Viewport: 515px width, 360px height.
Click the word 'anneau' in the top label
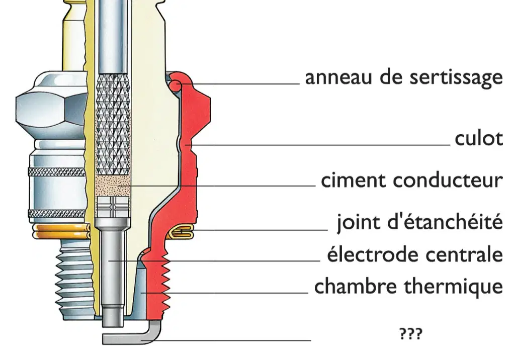click(x=339, y=77)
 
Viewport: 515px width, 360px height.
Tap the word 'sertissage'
click(x=456, y=78)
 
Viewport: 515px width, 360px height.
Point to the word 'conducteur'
click(x=448, y=181)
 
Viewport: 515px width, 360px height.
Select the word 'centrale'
click(x=463, y=254)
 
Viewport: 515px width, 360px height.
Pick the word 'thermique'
click(x=453, y=286)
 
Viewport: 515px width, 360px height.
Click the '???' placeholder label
click(x=411, y=333)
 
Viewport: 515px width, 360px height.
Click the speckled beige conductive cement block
click(x=113, y=186)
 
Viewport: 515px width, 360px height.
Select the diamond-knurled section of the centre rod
click(x=113, y=125)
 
